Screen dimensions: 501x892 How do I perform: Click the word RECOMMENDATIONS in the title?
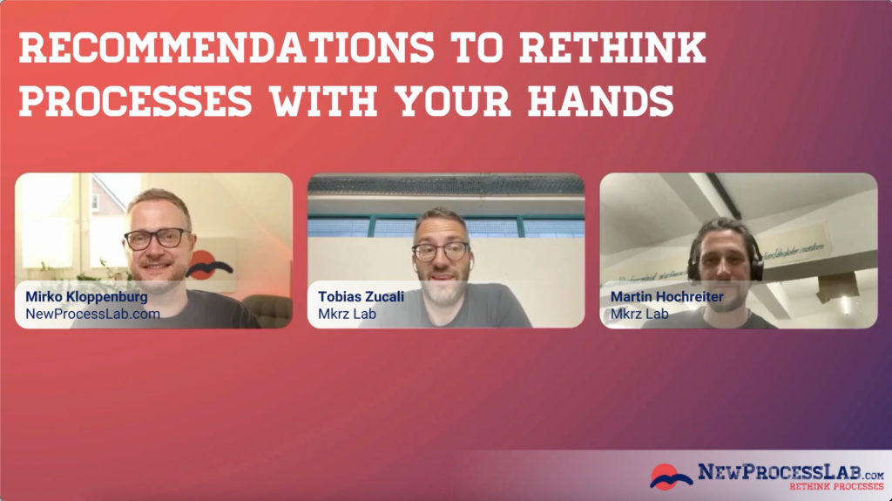coord(213,50)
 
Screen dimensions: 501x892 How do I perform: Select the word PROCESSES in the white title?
coord(136,102)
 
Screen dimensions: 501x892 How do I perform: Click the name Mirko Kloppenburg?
coord(86,297)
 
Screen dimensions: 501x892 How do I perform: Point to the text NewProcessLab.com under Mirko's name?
coord(92,314)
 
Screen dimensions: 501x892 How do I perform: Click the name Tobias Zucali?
coord(361,297)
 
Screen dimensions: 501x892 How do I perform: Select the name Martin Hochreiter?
coord(666,297)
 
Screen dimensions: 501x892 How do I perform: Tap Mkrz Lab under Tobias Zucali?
coord(347,314)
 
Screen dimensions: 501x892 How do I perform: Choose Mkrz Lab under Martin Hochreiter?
coord(639,314)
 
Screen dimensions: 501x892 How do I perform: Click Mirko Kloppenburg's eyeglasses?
coord(155,238)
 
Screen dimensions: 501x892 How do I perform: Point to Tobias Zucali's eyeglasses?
coord(440,252)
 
